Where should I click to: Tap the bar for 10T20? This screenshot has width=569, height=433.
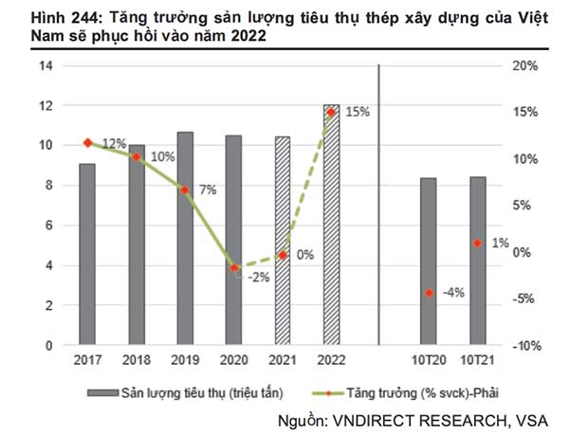429,262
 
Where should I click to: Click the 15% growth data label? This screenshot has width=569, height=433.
358,112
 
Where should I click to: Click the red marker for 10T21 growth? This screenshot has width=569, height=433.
477,244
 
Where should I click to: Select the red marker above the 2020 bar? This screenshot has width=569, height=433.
234,268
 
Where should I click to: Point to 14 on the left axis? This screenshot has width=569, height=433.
45,66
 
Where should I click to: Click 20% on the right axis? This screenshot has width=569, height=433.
524,66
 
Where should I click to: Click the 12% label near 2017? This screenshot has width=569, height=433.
114,143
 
